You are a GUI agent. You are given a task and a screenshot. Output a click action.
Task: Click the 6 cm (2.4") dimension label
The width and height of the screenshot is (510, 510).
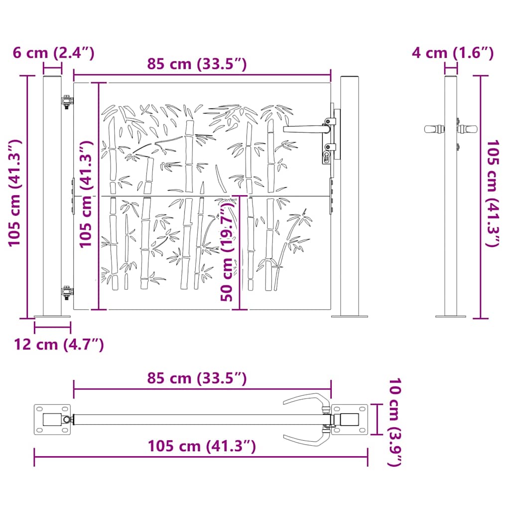tap(53, 53)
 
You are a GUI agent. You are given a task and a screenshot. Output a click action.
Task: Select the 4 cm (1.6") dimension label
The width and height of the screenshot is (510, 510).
tap(452, 53)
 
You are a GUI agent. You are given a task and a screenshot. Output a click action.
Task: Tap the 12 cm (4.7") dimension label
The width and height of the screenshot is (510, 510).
tap(59, 344)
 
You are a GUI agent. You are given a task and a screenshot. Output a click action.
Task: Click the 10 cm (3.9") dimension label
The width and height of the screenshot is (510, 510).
tap(394, 422)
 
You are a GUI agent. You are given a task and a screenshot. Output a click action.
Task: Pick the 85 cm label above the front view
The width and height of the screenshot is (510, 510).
tap(197, 64)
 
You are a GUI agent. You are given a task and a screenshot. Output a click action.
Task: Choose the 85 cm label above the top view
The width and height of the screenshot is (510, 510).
tap(197, 379)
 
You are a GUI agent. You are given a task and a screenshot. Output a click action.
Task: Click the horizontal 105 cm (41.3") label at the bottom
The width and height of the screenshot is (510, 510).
tap(202, 446)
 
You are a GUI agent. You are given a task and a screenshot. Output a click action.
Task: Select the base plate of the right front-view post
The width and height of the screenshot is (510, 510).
tap(350, 316)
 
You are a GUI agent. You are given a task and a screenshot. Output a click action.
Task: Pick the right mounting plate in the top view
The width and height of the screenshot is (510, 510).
tap(350, 419)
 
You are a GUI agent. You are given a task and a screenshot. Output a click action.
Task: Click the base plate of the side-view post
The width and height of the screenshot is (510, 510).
tap(451, 316)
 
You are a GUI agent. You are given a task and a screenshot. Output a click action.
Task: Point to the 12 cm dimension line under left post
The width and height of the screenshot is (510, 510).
tap(52, 327)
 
